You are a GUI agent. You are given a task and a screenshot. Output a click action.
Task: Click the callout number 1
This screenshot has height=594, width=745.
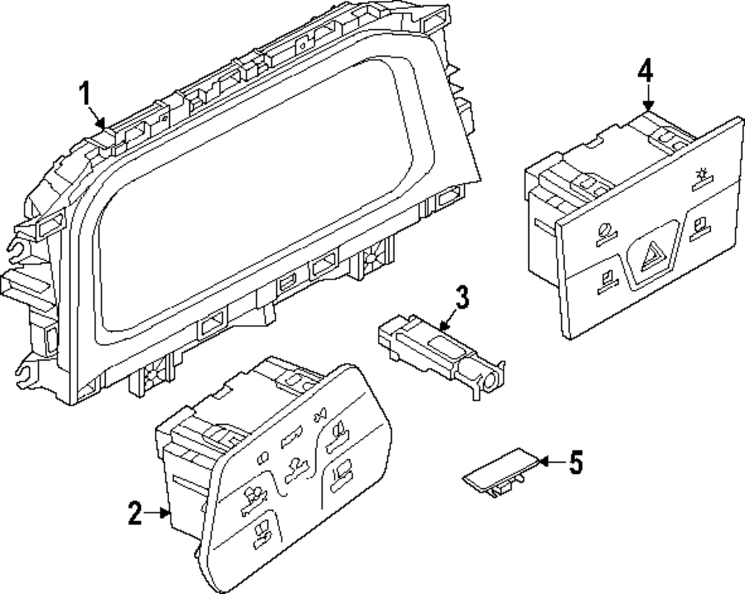[85, 95]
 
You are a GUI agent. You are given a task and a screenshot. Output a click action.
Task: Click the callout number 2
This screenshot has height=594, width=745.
[134, 514]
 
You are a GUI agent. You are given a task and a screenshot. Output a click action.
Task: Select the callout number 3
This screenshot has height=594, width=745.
[462, 299]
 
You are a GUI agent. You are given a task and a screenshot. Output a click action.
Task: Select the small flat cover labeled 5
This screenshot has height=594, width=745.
[498, 470]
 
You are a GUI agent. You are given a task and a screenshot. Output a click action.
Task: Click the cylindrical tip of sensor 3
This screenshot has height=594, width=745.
[492, 382]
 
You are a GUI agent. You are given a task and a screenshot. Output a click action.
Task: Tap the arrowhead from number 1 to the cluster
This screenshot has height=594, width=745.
[102, 121]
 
